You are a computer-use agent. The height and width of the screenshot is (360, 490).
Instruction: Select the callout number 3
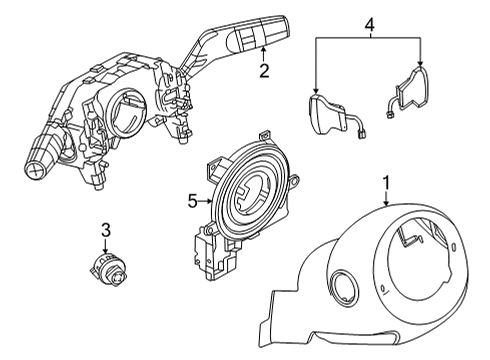(x=104, y=232)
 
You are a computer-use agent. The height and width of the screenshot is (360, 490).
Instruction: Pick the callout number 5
(x=192, y=199)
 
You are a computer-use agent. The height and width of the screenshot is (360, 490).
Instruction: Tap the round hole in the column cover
(x=346, y=286)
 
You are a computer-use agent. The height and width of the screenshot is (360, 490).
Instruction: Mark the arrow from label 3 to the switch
(x=104, y=248)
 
